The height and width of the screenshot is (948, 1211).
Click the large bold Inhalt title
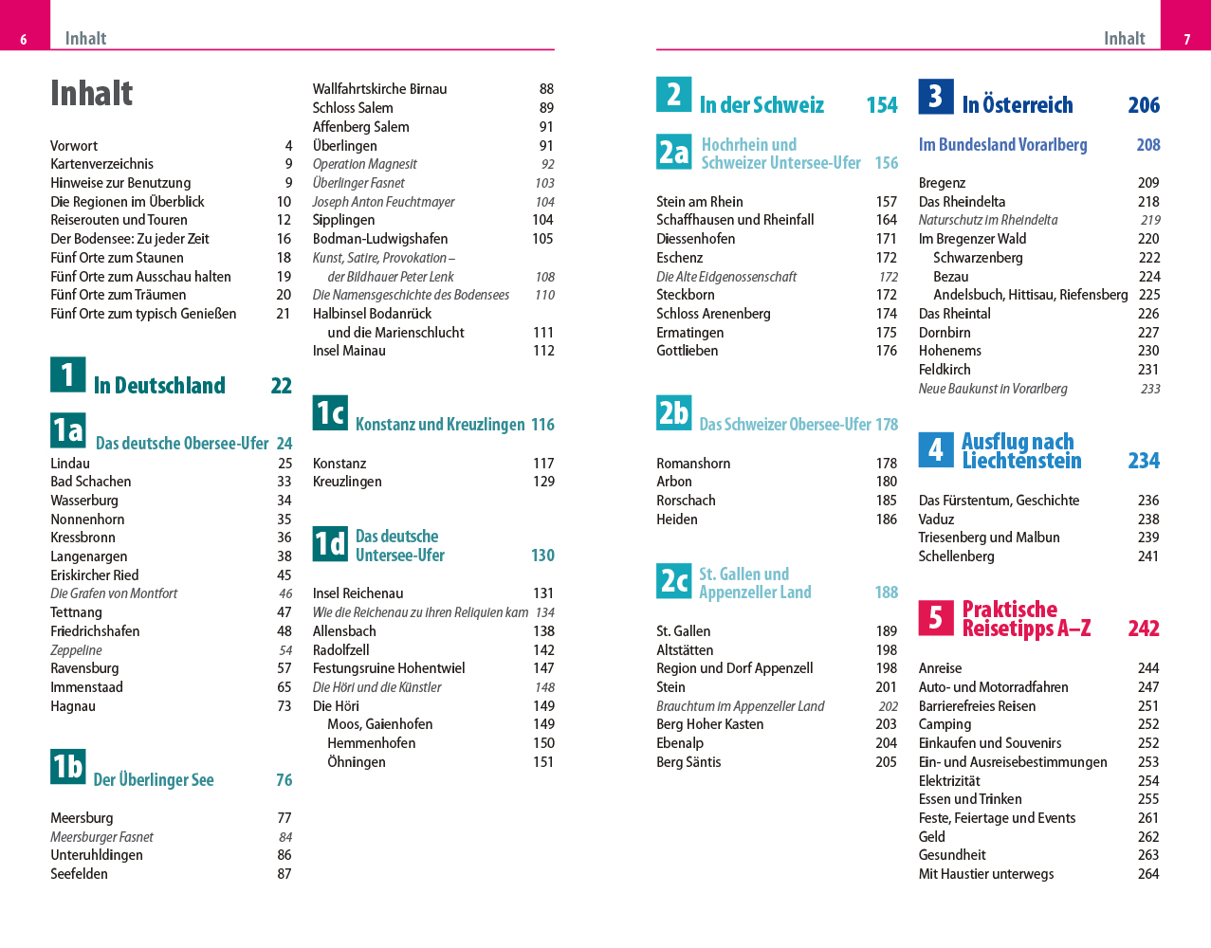tap(91, 93)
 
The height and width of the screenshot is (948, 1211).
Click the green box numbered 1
tap(67, 374)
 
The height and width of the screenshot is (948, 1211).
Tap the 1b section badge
tap(67, 766)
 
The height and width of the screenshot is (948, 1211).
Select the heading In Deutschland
tap(159, 386)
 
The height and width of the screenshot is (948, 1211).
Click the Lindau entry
tap(70, 464)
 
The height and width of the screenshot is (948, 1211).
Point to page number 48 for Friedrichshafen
tap(284, 631)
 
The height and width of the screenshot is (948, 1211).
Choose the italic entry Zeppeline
tap(76, 650)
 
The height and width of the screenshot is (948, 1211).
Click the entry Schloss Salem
tap(353, 108)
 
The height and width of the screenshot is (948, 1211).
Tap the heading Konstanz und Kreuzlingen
tap(440, 425)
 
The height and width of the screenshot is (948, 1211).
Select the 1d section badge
tap(330, 543)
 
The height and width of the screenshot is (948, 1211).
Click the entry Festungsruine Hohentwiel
tap(389, 668)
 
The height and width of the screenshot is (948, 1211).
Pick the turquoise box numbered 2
tap(673, 94)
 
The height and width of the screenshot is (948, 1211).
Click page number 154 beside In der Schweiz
tap(882, 105)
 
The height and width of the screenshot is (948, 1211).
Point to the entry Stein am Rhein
tap(700, 202)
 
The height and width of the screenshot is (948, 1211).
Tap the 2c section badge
tap(673, 580)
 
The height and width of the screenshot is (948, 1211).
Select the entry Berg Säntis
tap(688, 762)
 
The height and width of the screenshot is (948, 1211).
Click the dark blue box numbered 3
tap(935, 96)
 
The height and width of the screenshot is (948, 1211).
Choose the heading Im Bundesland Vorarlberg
tap(1003, 145)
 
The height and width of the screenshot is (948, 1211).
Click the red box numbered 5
tap(935, 617)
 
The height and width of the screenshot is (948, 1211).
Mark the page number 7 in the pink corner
tap(1186, 39)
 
